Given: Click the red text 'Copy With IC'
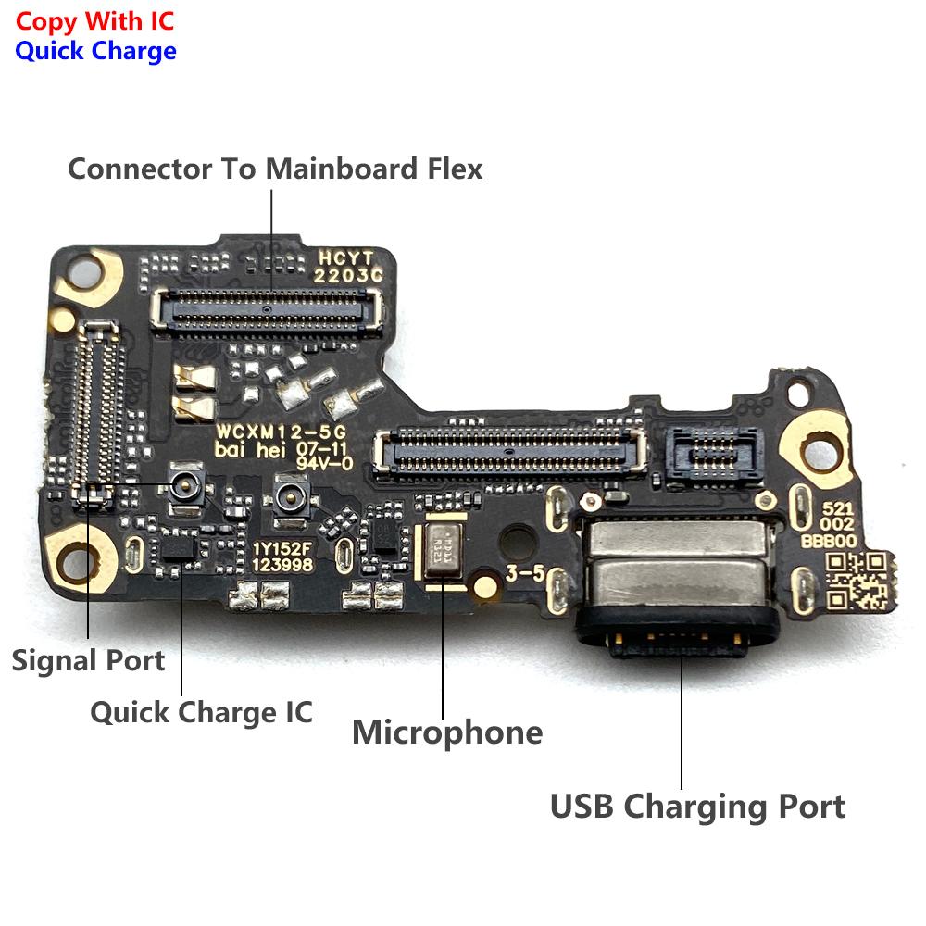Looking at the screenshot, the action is tap(94, 20).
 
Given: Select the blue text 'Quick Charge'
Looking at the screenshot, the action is tap(95, 50).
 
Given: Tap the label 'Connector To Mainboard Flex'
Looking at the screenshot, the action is tap(275, 169).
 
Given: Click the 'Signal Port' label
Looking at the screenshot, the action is tap(88, 660).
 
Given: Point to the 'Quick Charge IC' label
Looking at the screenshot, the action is tap(201, 712).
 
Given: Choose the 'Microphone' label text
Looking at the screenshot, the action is tap(447, 732).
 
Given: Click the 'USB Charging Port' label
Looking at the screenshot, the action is tap(697, 806).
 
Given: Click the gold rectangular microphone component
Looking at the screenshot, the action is tap(444, 555).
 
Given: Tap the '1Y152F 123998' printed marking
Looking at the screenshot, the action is tap(283, 557).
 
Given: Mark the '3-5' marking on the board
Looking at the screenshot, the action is tap(525, 573).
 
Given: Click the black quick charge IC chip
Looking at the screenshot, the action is tap(177, 548).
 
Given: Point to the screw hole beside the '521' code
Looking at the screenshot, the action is tap(823, 452).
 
